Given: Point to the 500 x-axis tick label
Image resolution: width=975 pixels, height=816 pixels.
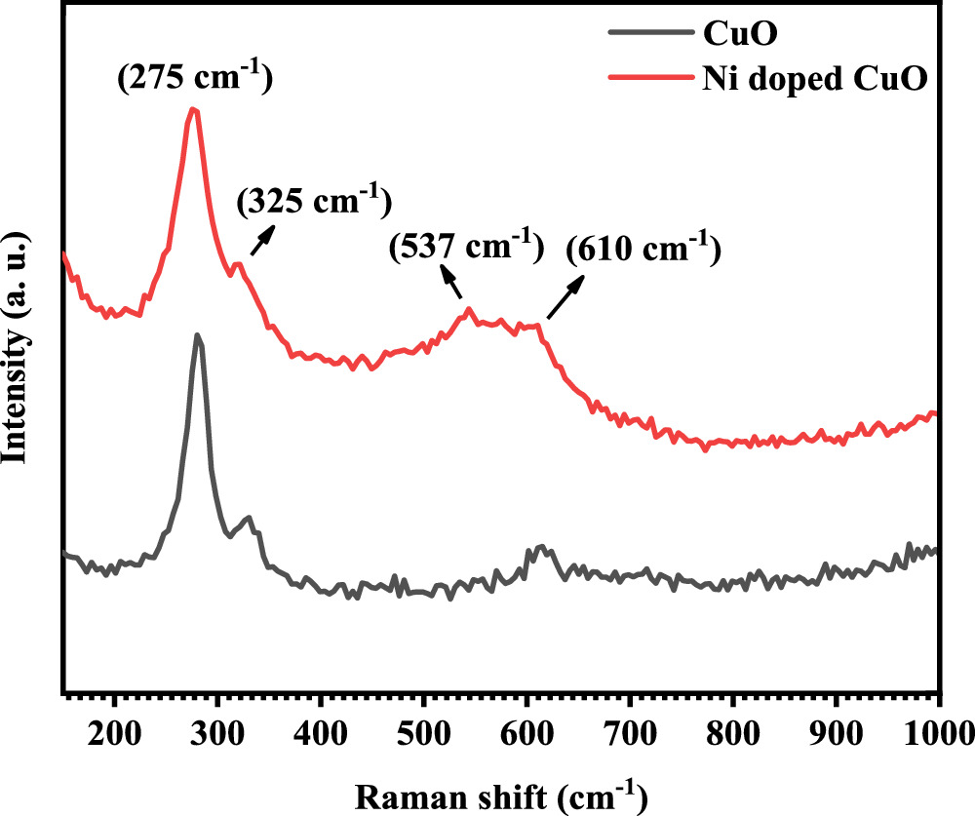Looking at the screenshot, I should pyautogui.click(x=423, y=729).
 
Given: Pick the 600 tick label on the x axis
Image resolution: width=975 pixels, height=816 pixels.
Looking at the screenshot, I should pyautogui.click(x=526, y=729).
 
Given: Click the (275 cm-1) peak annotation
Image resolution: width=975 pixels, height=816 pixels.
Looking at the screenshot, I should pyautogui.click(x=194, y=77).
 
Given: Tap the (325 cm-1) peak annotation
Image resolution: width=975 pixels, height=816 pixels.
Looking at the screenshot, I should pyautogui.click(x=315, y=201).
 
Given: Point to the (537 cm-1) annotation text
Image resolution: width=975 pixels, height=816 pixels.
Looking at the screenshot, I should pyautogui.click(x=465, y=247).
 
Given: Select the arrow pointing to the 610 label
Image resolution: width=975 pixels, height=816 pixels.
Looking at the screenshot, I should pyautogui.click(x=566, y=298).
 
